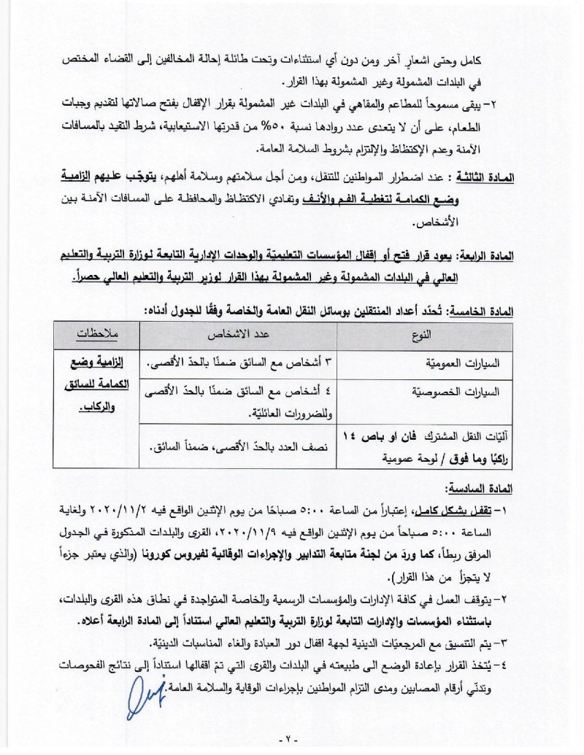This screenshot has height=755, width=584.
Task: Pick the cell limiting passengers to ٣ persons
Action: pyautogui.click(x=239, y=363)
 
